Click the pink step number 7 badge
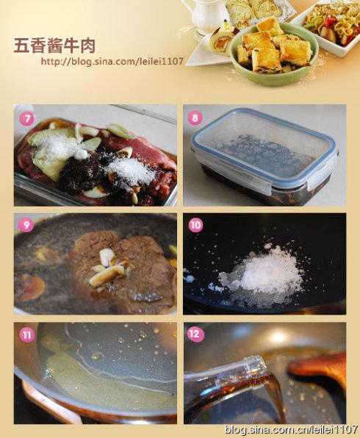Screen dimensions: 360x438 tap(26, 119)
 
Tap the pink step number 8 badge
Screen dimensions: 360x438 tap(195, 118)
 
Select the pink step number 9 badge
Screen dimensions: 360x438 tap(26, 225)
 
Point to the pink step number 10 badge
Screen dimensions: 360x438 tap(195, 225)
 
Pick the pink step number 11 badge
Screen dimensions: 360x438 tap(27, 335)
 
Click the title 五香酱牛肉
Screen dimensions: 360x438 tap(55, 46)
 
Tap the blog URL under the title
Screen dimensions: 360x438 tap(112, 62)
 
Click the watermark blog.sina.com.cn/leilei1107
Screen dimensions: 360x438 tap(291, 428)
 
